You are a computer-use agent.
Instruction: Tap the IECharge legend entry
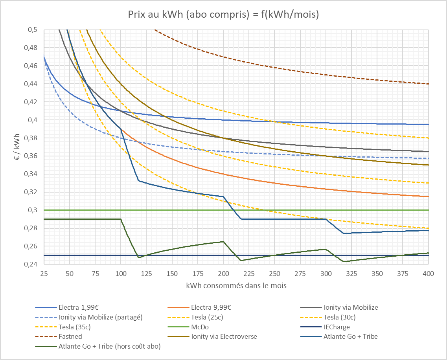[337, 327]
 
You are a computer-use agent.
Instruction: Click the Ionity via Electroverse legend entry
[224, 336]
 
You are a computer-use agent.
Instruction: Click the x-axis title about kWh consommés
[236, 286]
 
